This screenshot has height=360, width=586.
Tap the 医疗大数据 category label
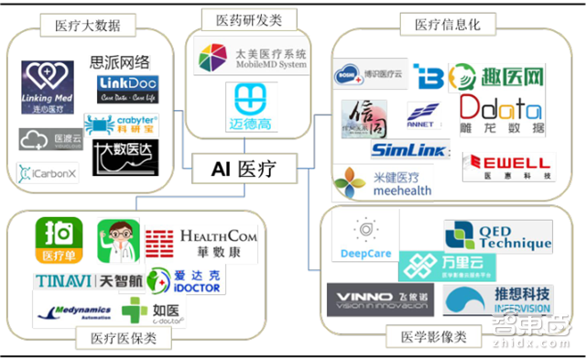click(87, 25)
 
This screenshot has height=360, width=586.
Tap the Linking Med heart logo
click(49, 88)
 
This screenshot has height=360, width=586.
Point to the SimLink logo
click(408, 151)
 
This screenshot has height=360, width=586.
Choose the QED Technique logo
click(497, 235)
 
